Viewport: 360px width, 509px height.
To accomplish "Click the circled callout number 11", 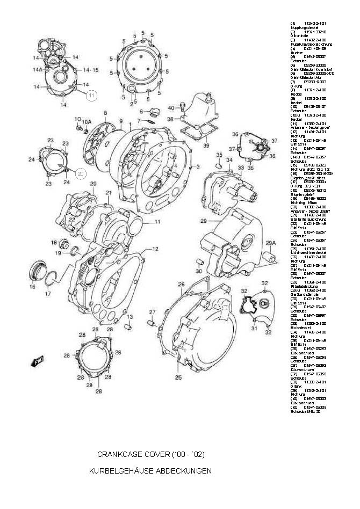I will pos(91,95).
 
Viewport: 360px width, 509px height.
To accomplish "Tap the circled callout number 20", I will pos(80,173).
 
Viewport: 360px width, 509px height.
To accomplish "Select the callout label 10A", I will pos(87,121).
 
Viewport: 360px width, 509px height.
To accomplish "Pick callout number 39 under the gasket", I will pos(206,146).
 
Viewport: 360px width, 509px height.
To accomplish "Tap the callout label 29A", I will pos(270,243).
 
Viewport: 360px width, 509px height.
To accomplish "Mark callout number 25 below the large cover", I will pos(178,377).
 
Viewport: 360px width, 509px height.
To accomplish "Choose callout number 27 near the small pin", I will pos(152,312).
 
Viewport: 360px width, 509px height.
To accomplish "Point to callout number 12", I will pos(155,249).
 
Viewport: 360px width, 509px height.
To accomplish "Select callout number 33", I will pos(241,168).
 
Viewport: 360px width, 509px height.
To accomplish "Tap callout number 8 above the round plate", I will pos(105,113).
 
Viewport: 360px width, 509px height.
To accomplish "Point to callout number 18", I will pos(54,242).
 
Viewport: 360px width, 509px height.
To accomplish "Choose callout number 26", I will pos(181,284).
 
